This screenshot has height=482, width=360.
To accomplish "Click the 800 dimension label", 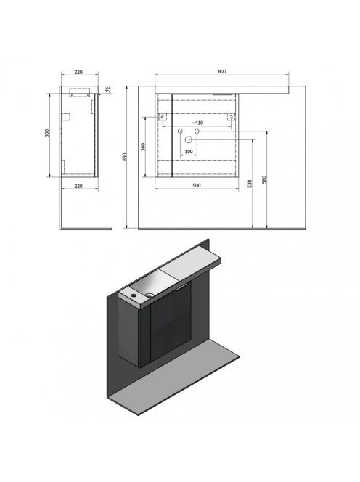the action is coord(222,71).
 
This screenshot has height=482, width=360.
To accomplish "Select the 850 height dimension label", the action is coord(125,157).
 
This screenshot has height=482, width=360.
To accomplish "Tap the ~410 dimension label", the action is coord(197,123).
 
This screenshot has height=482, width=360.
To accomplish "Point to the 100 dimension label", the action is coord(189,151).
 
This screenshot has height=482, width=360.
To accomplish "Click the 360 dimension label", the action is coord(143,147).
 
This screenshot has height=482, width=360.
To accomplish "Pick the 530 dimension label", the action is coord(250,184).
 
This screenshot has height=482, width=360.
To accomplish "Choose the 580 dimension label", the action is coord(264,179).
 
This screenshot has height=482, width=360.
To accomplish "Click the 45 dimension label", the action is coord(107,89).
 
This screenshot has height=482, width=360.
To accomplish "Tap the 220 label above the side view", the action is coord(78,72).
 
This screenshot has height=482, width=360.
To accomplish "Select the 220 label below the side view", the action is coord(78,186).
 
